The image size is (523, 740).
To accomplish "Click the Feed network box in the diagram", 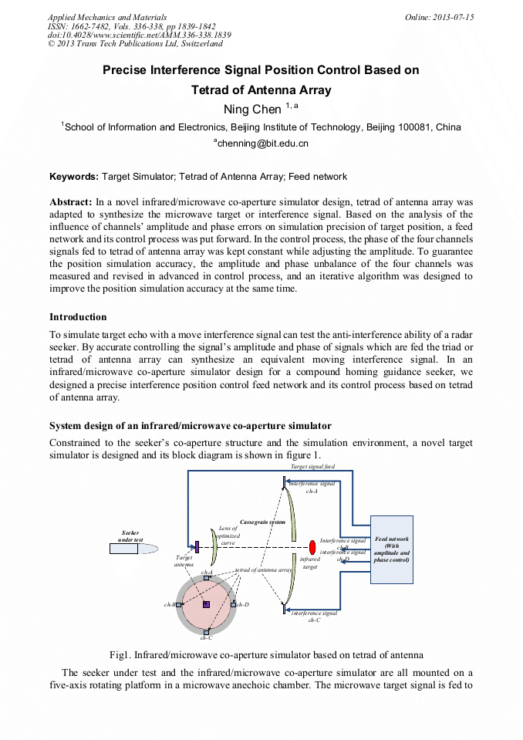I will pyautogui.click(x=392, y=549).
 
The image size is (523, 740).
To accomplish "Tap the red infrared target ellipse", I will pyautogui.click(x=312, y=547).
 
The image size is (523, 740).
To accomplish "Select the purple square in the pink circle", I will pyautogui.click(x=206, y=604).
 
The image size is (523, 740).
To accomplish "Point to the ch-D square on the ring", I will pyautogui.click(x=233, y=604).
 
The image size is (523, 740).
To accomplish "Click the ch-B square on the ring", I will pyautogui.click(x=179, y=605).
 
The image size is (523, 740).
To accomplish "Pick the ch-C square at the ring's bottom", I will pyautogui.click(x=206, y=631).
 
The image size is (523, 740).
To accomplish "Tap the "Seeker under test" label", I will pyautogui.click(x=130, y=536).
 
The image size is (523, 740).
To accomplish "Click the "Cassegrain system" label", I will pyautogui.click(x=263, y=522).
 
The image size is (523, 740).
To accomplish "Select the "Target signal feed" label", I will pyautogui.click(x=312, y=467).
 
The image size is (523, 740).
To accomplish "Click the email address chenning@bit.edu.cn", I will pyautogui.click(x=261, y=143).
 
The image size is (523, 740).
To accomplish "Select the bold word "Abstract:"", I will pyautogui.click(x=71, y=201).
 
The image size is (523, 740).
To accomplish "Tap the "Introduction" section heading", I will pyautogui.click(x=78, y=317).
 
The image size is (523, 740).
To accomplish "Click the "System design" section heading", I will pyautogui.click(x=191, y=426).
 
